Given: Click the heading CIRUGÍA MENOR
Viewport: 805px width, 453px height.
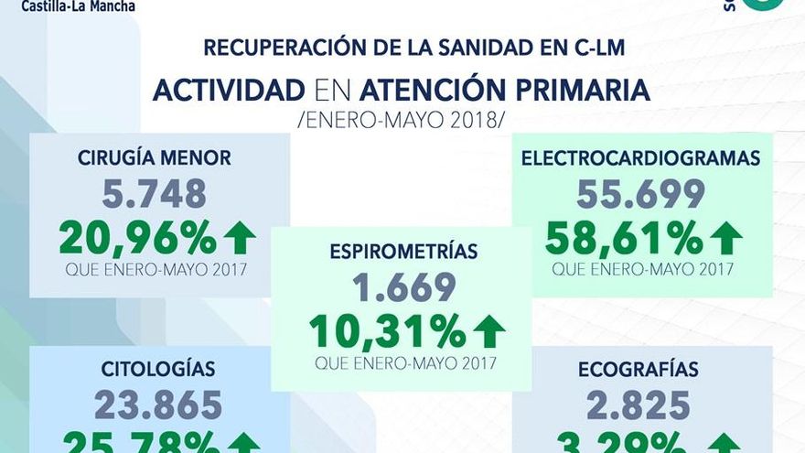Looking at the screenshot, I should (154, 158).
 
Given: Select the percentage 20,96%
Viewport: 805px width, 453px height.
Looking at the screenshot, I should (137, 237).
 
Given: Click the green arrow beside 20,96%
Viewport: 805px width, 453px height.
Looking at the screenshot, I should (240, 237).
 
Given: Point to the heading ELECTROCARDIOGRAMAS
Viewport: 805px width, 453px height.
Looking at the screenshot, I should (640, 158).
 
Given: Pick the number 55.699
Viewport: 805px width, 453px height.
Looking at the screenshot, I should (640, 193).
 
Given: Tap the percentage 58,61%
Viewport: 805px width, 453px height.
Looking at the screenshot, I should (624, 237).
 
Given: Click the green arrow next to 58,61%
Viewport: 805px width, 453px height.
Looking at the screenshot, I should (726, 237).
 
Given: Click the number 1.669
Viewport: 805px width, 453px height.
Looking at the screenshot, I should (403, 287).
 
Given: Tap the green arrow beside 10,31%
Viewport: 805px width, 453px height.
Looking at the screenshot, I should (489, 330).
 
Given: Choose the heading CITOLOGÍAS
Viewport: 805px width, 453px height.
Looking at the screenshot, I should (158, 370).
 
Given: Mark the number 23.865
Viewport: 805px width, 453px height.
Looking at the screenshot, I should (157, 404).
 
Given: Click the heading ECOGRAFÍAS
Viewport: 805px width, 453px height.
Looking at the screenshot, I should (639, 370).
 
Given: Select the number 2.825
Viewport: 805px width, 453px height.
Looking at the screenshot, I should (639, 404).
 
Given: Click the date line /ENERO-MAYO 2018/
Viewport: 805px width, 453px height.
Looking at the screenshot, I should (402, 120).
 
